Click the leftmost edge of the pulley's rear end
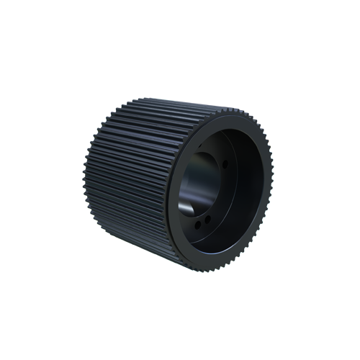tap(85, 180)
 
